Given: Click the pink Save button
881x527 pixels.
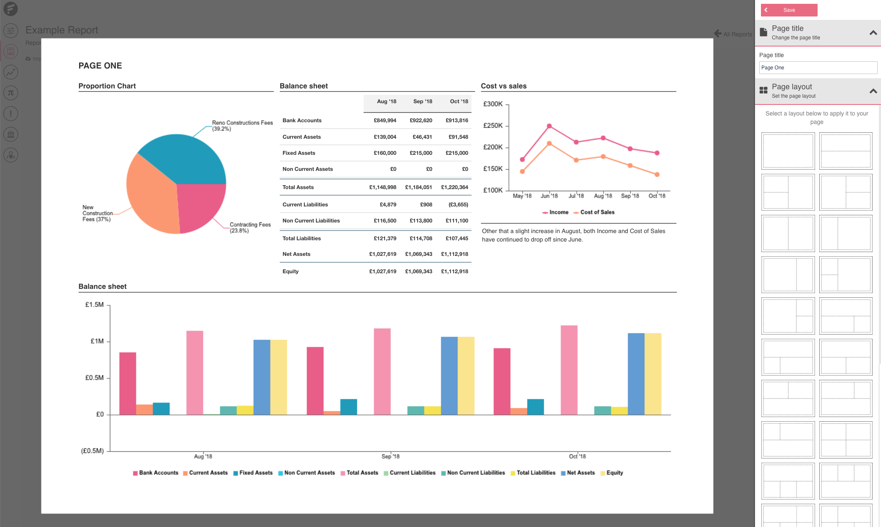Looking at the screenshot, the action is click(789, 10).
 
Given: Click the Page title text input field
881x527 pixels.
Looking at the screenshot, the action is click(818, 68).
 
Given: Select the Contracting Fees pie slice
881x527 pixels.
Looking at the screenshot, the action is click(199, 205).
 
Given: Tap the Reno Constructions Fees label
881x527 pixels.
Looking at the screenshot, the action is click(242, 126).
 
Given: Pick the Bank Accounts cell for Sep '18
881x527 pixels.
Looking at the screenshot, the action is click(421, 121).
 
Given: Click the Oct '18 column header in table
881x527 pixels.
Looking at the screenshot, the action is click(459, 102).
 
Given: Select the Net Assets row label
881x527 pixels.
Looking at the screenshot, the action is click(296, 254).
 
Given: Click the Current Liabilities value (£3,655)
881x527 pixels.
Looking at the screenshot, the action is click(458, 205).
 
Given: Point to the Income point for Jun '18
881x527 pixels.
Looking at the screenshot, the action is click(549, 126).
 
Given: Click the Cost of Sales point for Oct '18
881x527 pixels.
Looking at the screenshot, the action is click(657, 174).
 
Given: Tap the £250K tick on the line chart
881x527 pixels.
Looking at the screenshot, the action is click(493, 126).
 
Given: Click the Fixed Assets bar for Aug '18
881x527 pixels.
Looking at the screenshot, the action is click(161, 409).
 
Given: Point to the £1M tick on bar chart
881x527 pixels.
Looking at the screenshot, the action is click(97, 341).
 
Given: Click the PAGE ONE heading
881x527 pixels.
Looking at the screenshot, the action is click(100, 66).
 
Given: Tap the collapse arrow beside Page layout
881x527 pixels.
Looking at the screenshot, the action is click(873, 91).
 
